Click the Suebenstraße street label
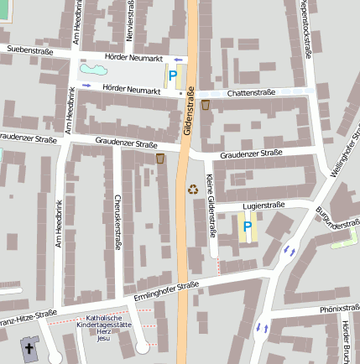point(29,50)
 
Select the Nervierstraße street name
point(130,21)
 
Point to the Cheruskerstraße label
point(117,222)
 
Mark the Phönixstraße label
point(316,309)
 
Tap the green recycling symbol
point(194,190)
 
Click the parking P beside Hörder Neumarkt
point(173,75)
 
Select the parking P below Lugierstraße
point(247,226)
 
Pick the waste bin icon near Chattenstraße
point(206,106)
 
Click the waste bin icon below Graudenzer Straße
point(160,159)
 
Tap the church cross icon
point(29,347)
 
